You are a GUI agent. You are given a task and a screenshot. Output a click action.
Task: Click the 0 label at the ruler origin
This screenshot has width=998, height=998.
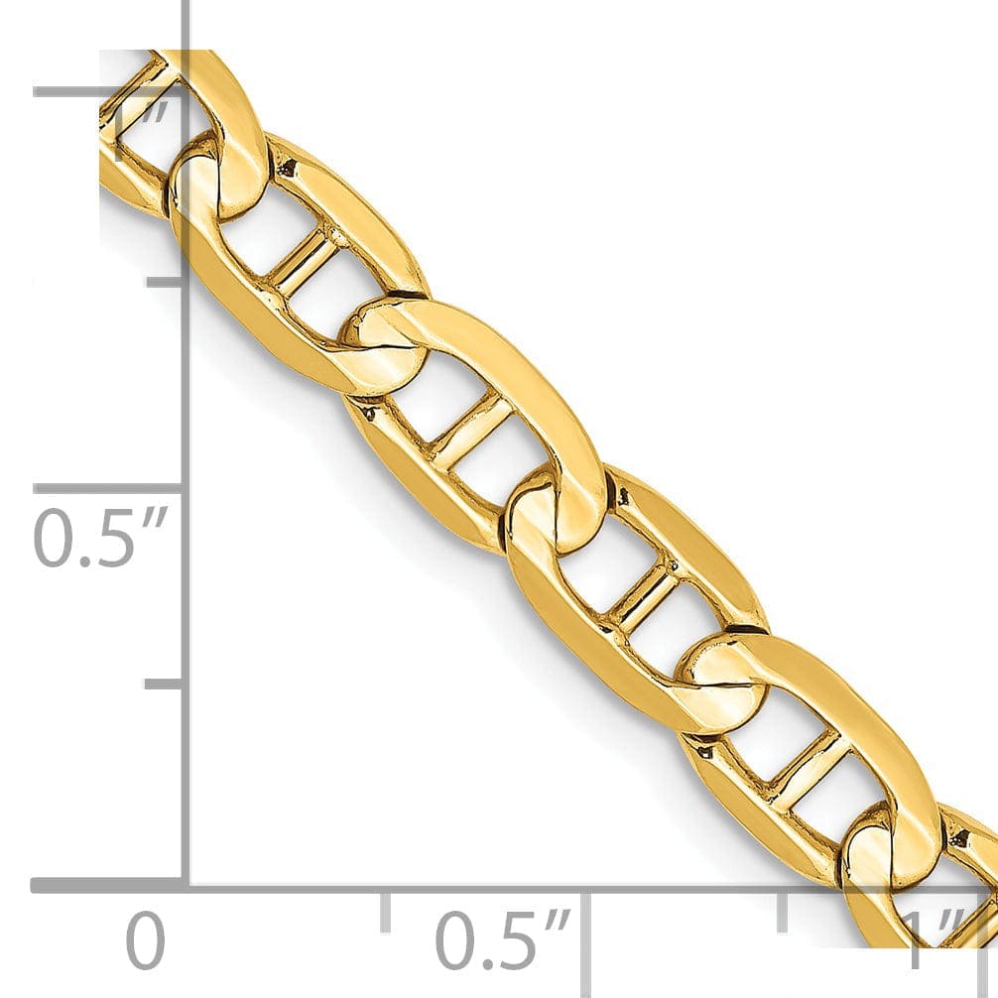point(145,941)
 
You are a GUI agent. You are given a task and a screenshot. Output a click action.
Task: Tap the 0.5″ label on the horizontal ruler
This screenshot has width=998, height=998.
point(505,941)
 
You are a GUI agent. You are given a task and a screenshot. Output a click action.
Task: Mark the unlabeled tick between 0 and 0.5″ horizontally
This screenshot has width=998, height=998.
point(386,911)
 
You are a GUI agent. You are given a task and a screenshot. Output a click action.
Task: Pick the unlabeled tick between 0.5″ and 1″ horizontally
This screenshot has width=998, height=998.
point(783,911)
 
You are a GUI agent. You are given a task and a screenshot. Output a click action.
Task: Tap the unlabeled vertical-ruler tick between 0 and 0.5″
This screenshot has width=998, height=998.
point(164,684)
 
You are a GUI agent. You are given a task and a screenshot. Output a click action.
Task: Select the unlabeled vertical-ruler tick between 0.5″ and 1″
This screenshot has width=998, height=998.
point(164,283)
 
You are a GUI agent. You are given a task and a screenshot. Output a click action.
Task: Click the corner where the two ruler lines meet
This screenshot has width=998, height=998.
point(186,884)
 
